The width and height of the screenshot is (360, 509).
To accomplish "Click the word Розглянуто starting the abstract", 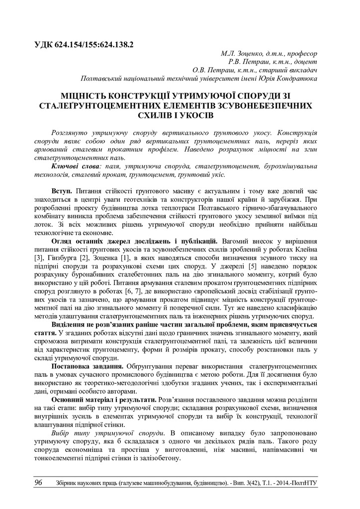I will [x=73, y=133].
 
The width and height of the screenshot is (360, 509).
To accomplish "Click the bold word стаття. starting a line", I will [x=45, y=331].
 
